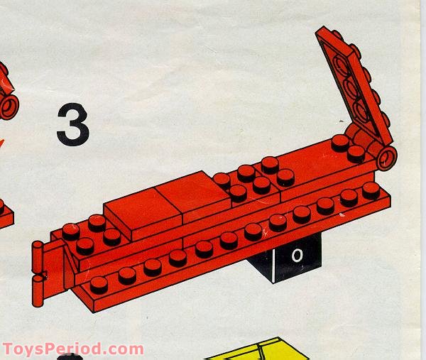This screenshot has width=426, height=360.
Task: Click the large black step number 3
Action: pyautogui.click(x=72, y=125)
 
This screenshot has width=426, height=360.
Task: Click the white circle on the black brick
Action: pyautogui.click(x=297, y=253)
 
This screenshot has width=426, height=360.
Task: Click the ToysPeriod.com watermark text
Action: pyautogui.click(x=72, y=349)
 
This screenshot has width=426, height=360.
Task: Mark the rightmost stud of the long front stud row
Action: pyautogui.click(x=371, y=190)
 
